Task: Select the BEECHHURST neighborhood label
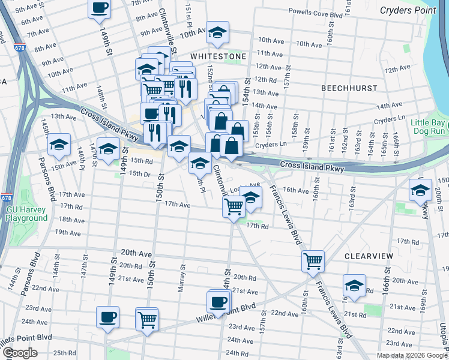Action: pyautogui.click(x=348, y=88)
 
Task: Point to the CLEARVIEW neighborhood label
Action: pyautogui.click(x=369, y=256)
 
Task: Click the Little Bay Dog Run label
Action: pyautogui.click(x=429, y=127)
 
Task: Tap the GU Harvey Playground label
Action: pyautogui.click(x=27, y=214)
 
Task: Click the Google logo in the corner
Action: pyautogui.click(x=20, y=353)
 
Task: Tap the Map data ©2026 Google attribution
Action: pyautogui.click(x=412, y=355)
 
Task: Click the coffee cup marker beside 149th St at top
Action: pyautogui.click(x=100, y=8)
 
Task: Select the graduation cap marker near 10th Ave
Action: pyautogui.click(x=217, y=33)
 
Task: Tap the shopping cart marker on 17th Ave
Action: pyautogui.click(x=234, y=207)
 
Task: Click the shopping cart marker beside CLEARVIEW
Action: pyautogui.click(x=313, y=261)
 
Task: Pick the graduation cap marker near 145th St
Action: pyautogui.click(x=59, y=145)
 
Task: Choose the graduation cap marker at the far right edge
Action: pyautogui.click(x=421, y=190)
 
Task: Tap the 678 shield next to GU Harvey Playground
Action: pyautogui.click(x=7, y=197)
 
